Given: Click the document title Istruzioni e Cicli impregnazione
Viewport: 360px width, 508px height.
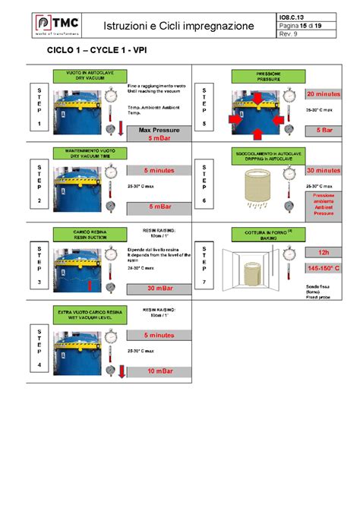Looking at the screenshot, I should pyautogui.click(x=179, y=26).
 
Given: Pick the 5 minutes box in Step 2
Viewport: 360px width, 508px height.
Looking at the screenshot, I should pyautogui.click(x=159, y=170).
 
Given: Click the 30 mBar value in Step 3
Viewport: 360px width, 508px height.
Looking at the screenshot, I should pyautogui.click(x=159, y=288).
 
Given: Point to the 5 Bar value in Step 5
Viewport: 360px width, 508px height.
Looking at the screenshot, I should pyautogui.click(x=324, y=130).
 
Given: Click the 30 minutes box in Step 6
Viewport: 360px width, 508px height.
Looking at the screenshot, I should pyautogui.click(x=324, y=170).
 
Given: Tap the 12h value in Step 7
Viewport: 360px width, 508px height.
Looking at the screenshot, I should pyautogui.click(x=324, y=252).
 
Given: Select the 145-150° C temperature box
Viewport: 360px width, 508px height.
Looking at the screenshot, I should pyautogui.click(x=324, y=268).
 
